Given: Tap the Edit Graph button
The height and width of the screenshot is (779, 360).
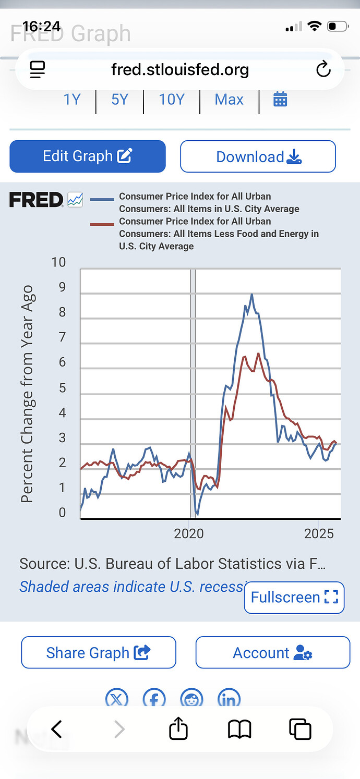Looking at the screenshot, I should coord(88,156).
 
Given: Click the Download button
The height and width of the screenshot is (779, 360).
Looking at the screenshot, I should coord(258,156).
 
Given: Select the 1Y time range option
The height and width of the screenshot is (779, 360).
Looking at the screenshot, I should coord(72,99).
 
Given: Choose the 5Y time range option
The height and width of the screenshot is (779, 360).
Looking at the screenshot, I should coord(119,99).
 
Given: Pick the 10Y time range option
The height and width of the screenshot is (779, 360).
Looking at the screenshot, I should coord(172,99).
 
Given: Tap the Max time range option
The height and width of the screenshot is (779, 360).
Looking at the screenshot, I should coord(229,99).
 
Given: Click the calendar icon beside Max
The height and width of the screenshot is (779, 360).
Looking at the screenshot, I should coord(280,99).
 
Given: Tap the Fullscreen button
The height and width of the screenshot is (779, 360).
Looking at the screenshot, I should coord(294,598).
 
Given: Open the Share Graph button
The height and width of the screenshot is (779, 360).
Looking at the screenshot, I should coord(98,652).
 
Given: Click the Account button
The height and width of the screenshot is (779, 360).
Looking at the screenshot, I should coord(272,652).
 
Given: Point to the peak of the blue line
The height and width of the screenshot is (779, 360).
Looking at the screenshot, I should coord(251,295).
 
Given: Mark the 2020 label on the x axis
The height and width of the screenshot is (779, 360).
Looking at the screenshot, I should coord(189,533).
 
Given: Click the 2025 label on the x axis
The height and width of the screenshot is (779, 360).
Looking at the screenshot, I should coord(319,533).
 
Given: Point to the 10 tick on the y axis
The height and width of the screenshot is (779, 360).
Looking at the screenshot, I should coord(58,262).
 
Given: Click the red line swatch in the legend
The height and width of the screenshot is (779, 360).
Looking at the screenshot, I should coord(102,224).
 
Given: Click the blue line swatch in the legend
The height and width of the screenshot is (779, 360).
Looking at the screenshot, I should coord(102,199).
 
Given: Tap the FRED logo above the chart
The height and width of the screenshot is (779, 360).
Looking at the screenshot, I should coord(36,200).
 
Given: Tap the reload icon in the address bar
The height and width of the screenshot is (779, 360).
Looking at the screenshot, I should coord(323,69).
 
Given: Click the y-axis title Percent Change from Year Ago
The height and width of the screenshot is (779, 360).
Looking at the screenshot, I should coord(27,394).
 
